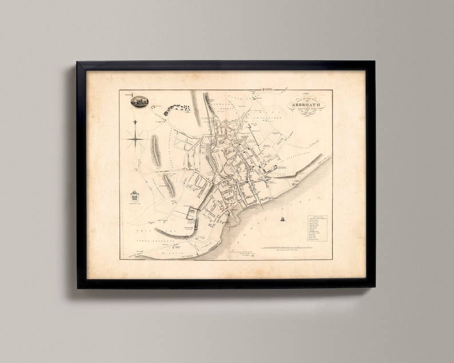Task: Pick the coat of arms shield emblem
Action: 134,196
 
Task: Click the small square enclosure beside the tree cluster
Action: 166,113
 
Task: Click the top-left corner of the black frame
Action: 78,62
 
